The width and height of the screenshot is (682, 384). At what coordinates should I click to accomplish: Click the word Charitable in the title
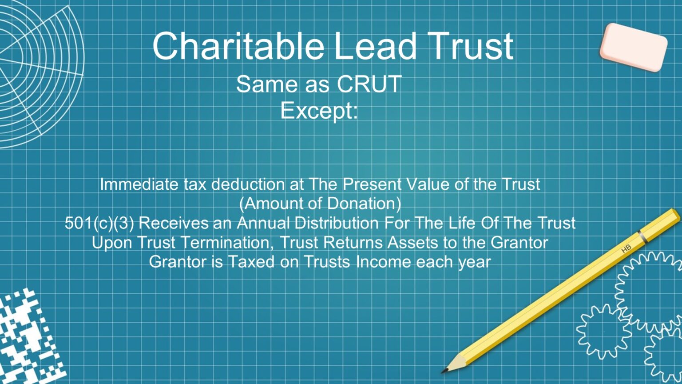click(x=238, y=46)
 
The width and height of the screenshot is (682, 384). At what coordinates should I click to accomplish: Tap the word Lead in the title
click(x=375, y=46)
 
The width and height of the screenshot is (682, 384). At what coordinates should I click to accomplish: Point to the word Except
click(x=319, y=110)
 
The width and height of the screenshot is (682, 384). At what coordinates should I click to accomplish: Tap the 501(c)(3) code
click(x=99, y=223)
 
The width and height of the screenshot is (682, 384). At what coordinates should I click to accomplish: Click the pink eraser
click(x=633, y=46)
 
